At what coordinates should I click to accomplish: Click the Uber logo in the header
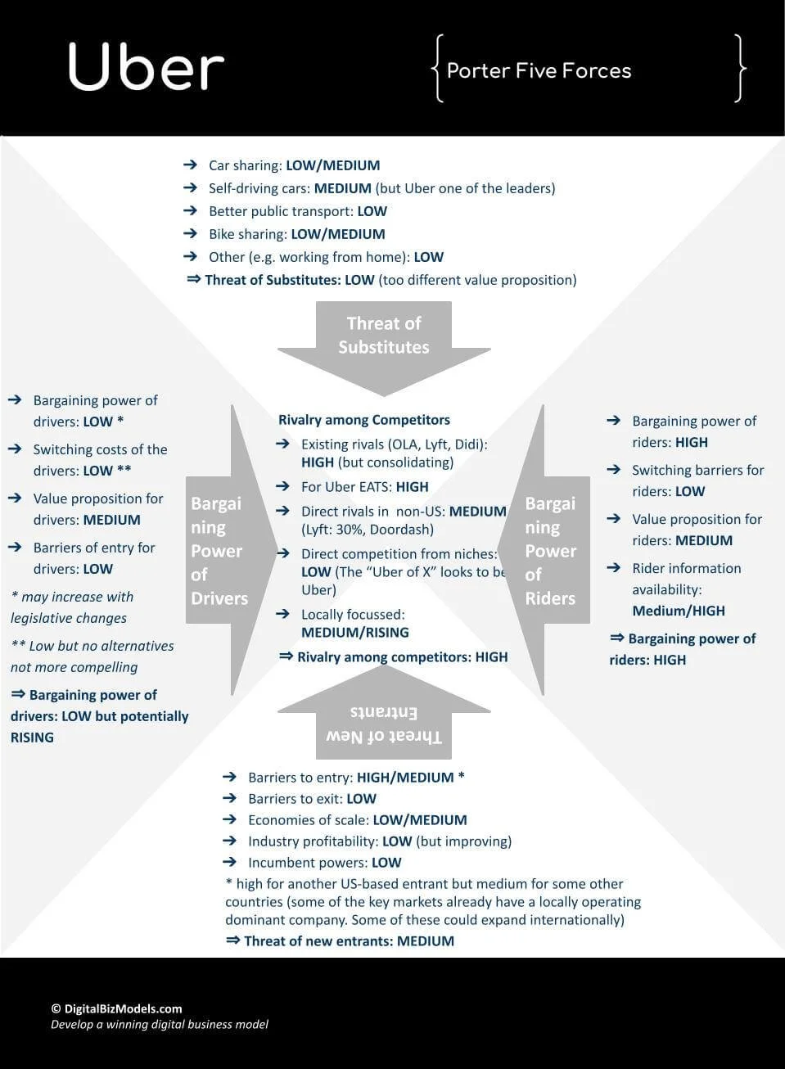(146, 67)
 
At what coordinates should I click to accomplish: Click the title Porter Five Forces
(539, 71)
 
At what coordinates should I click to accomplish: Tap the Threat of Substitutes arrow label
(383, 335)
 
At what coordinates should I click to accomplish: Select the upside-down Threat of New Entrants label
(383, 724)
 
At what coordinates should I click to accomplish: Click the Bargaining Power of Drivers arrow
(219, 550)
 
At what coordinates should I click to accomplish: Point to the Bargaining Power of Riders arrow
(550, 550)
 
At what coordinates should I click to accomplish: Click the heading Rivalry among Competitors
(364, 420)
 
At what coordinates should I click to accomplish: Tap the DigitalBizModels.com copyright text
(116, 1008)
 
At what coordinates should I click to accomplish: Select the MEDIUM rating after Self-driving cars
(342, 188)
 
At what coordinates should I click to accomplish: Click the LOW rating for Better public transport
(372, 211)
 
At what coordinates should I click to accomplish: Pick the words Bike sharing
(248, 234)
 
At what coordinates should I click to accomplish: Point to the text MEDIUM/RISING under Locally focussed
(354, 633)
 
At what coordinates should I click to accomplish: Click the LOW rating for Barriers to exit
(361, 799)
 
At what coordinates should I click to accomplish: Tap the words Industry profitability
(313, 841)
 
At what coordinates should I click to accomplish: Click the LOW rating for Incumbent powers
(386, 863)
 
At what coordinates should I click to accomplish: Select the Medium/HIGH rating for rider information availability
(679, 611)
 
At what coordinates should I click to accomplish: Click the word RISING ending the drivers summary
(32, 737)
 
